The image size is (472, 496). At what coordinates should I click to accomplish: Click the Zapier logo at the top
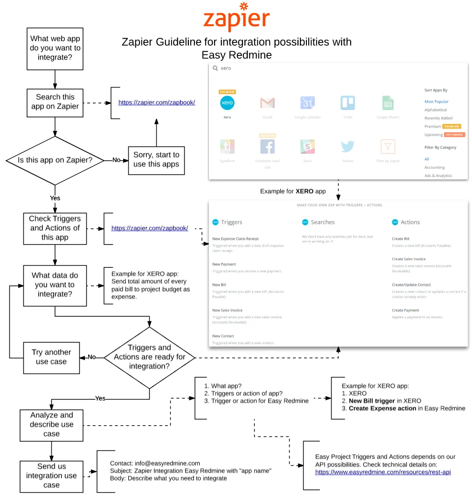pos(236,17)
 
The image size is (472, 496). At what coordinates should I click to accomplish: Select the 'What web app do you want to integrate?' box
pos(55,48)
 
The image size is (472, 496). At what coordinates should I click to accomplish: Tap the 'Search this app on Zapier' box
pos(55,102)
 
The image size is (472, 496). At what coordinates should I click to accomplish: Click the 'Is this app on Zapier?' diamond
pos(55,160)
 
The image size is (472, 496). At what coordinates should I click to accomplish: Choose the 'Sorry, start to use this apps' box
pos(156,160)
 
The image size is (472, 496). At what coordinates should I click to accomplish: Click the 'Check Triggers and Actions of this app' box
pos(55,228)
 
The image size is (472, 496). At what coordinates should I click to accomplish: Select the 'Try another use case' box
pos(51,357)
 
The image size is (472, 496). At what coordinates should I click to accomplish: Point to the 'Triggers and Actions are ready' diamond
pos(150,357)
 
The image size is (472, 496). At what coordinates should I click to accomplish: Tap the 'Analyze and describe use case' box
pos(51,425)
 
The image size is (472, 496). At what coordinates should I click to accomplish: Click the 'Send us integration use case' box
pos(51,476)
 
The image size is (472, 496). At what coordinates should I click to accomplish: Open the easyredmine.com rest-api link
pos(383,472)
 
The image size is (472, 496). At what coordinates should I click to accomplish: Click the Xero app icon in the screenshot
pos(227,103)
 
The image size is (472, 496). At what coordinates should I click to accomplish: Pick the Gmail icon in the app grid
pos(267,103)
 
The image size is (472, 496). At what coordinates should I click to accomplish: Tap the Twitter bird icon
pos(347,146)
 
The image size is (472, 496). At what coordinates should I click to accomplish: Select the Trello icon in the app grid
pos(347,103)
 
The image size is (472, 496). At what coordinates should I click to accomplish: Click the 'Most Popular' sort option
pos(437,102)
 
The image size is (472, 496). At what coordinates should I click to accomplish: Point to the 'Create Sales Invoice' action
pos(409,259)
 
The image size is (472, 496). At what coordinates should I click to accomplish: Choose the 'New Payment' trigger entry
pos(224,264)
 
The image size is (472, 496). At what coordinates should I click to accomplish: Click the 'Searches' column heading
pos(323,222)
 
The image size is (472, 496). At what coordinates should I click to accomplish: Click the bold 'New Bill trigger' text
pos(372,401)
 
